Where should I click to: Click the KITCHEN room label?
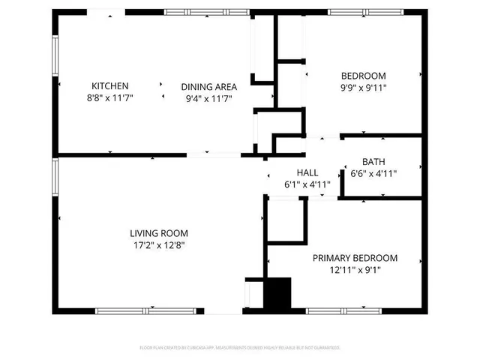pyautogui.click(x=110, y=85)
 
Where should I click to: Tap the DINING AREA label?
pyautogui.click(x=206, y=85)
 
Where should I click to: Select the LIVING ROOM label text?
pyautogui.click(x=158, y=232)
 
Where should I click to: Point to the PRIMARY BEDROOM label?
pyautogui.click(x=355, y=258)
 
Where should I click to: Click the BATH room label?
pyautogui.click(x=373, y=162)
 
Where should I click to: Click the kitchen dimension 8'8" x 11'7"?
pyautogui.click(x=110, y=97)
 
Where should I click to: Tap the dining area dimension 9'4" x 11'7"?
pyautogui.click(x=206, y=97)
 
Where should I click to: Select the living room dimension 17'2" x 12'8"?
pyautogui.click(x=158, y=244)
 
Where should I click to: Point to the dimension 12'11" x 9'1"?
pyautogui.click(x=355, y=270)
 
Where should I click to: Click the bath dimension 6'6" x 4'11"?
pyautogui.click(x=373, y=174)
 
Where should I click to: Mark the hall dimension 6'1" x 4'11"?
pyautogui.click(x=296, y=184)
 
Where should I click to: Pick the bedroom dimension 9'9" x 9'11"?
pyautogui.click(x=364, y=88)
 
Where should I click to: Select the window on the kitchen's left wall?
pyautogui.click(x=54, y=55)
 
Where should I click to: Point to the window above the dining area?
pyautogui.click(x=197, y=12)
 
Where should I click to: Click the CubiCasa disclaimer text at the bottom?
pyautogui.click(x=240, y=348)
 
